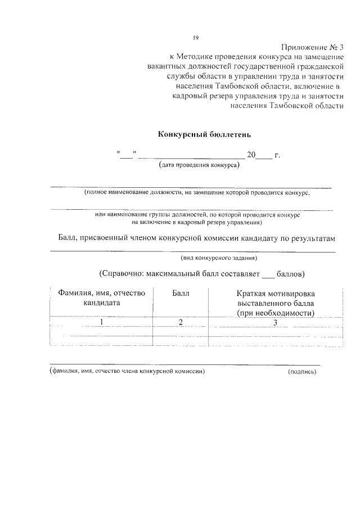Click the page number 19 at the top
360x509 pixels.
coord(196,38)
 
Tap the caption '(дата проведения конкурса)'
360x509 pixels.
coord(199,165)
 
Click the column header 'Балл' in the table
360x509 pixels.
coord(181,294)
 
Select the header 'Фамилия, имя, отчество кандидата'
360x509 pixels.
coord(102,298)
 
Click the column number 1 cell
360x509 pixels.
coord(102,322)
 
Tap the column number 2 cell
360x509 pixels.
coord(181,322)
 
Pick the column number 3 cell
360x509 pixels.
coord(276,322)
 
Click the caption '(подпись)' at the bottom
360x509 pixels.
coord(302,372)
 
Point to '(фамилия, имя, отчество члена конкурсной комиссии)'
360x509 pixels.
coord(126,372)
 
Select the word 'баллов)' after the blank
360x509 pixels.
coord(291,274)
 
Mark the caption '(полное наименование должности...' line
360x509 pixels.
coord(197,192)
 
